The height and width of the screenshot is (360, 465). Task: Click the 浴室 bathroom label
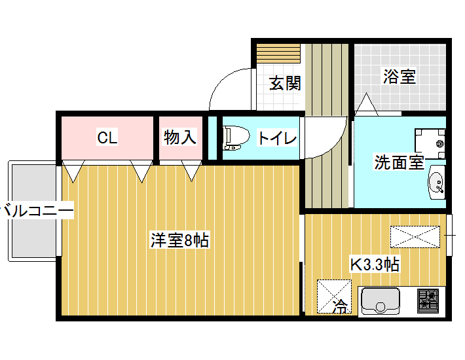tap(400, 76)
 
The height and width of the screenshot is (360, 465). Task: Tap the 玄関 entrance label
tap(285, 83)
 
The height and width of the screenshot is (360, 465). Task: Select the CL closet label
tap(107, 137)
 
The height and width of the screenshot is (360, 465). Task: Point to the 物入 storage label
tap(180, 137)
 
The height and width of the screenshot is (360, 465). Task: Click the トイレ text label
tap(277, 137)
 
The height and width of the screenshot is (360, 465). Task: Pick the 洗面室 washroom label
tap(399, 162)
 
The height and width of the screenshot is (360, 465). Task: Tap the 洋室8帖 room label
tap(179, 240)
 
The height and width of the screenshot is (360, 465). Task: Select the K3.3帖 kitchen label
tap(375, 264)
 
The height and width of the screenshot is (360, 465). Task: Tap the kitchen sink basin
tap(380, 301)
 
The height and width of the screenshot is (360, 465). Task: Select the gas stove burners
tap(428, 301)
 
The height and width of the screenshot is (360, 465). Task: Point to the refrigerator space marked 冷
tap(334, 297)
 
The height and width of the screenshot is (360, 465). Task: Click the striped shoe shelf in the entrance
tap(278, 53)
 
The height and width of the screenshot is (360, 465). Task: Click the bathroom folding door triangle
tap(366, 104)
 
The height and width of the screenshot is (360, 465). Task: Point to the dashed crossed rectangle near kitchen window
tap(415, 236)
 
